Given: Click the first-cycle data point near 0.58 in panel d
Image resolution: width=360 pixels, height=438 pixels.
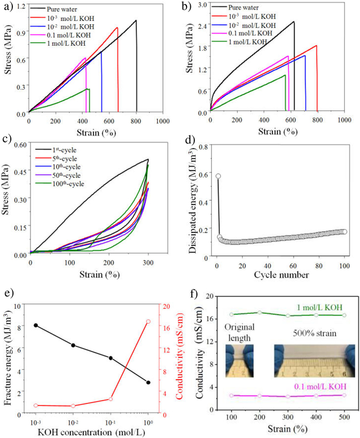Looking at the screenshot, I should pyautogui.click(x=218, y=176).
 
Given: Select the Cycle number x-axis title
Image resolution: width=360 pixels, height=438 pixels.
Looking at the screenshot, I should pyautogui.click(x=281, y=274).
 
